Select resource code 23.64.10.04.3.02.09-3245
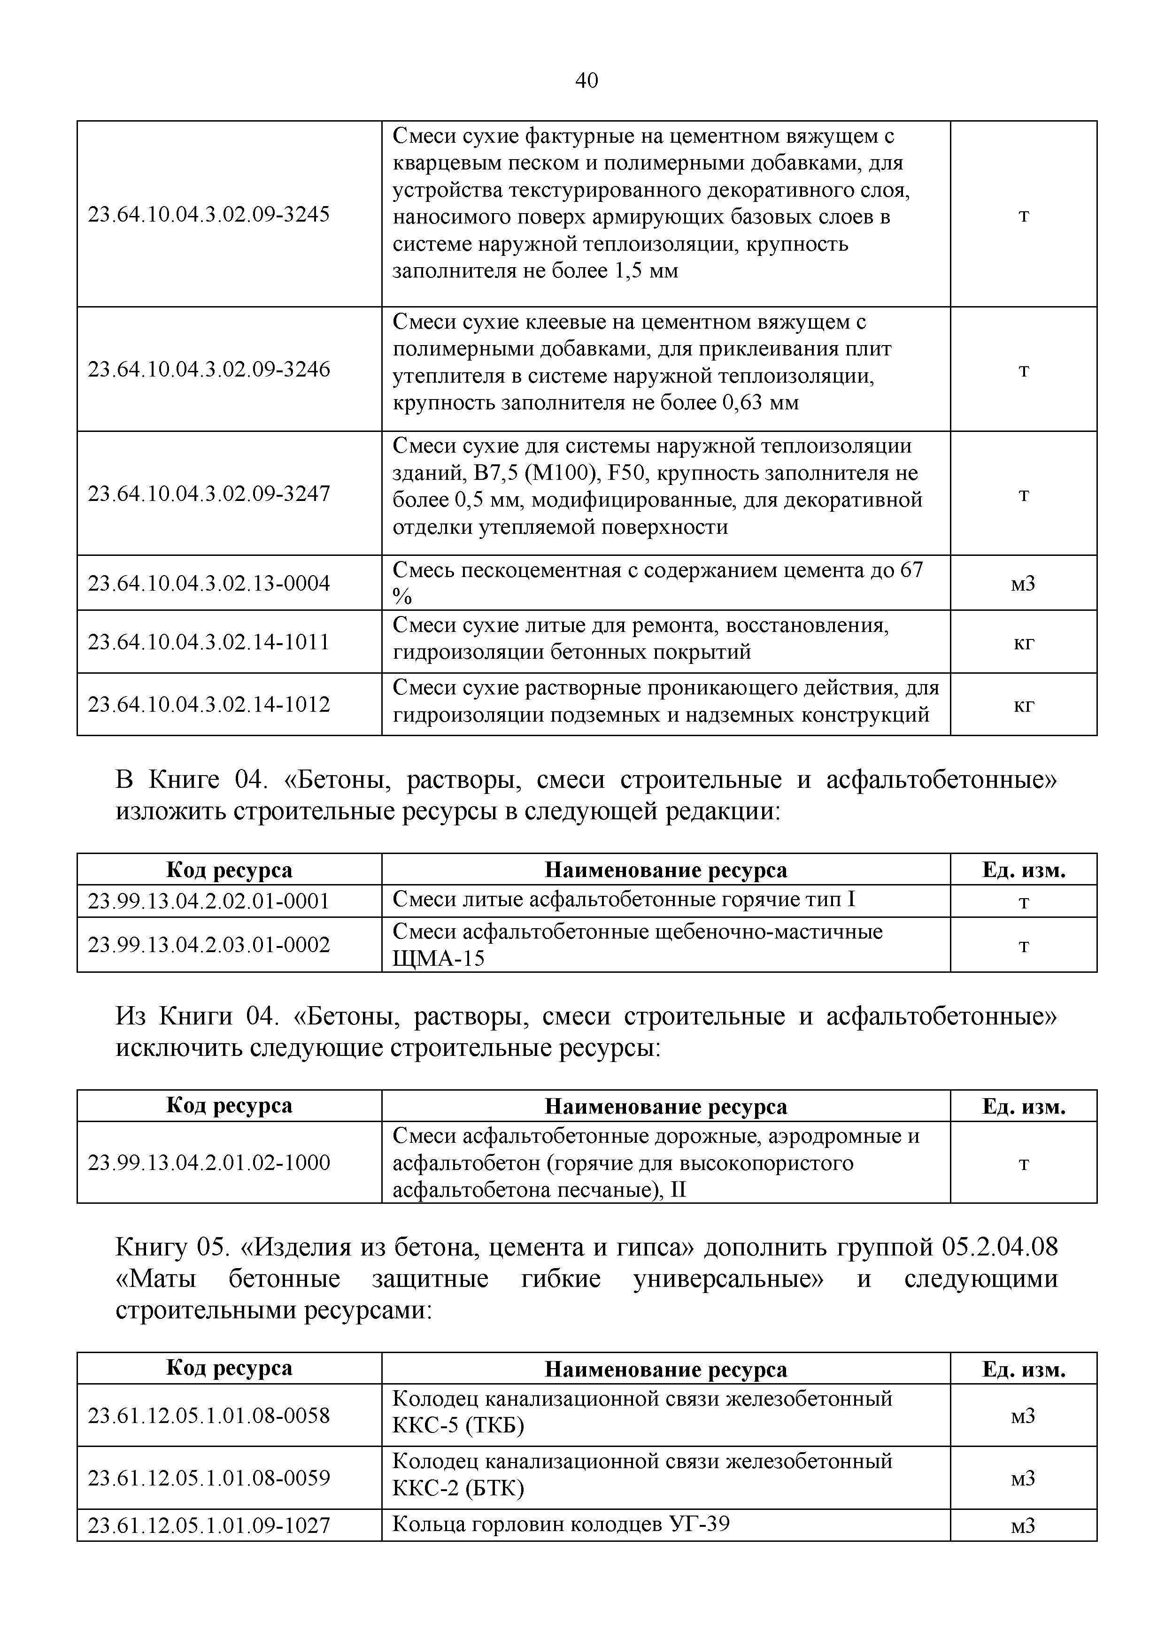click(209, 215)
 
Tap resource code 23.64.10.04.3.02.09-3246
click(209, 369)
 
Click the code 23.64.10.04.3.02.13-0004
click(209, 583)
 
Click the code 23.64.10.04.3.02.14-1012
click(209, 704)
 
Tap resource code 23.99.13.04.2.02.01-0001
click(209, 901)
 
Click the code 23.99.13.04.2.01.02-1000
click(209, 1163)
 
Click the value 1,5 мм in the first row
click(646, 271)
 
